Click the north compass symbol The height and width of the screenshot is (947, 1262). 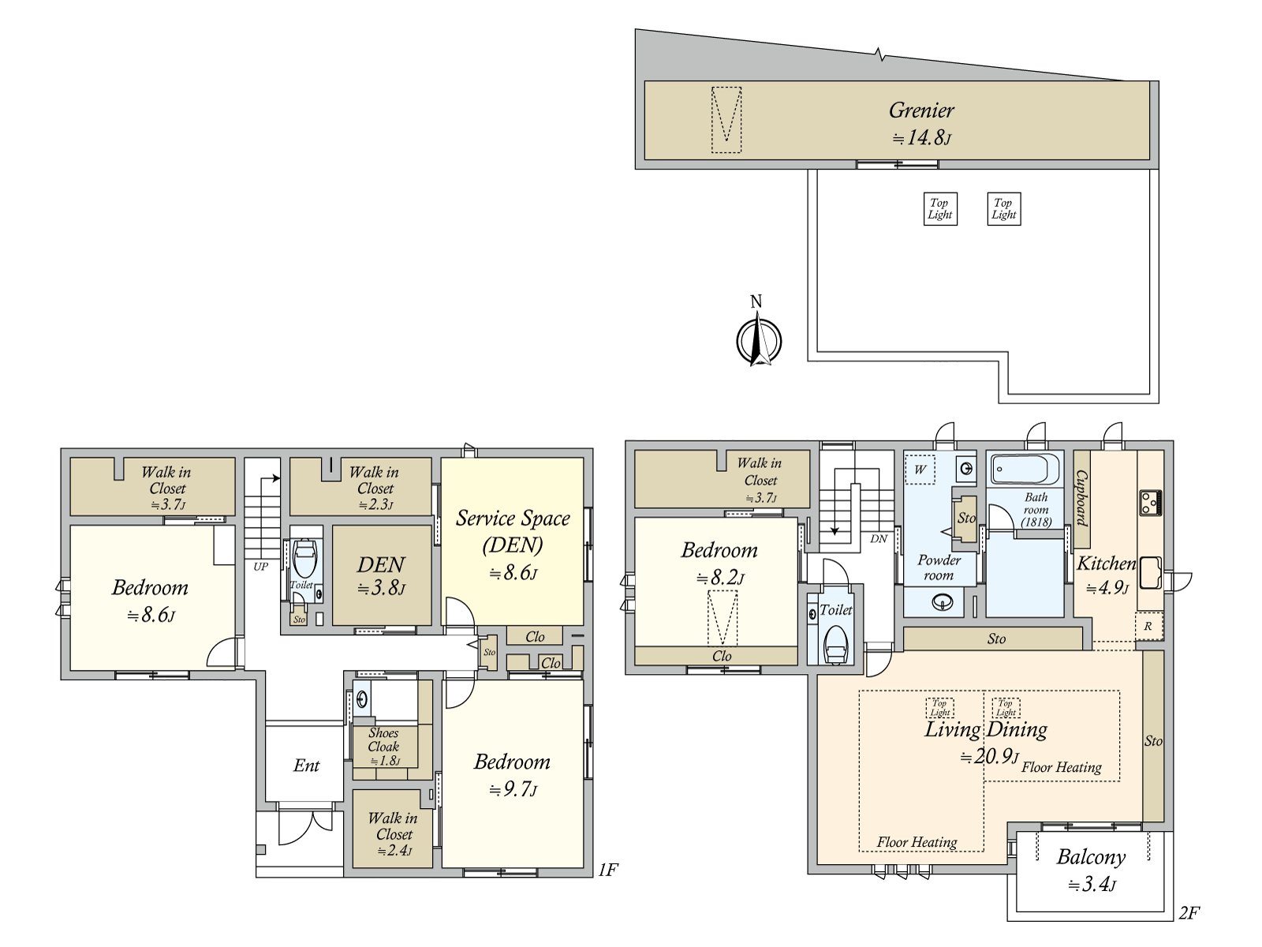pos(759,339)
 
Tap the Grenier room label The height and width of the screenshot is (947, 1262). pos(921,110)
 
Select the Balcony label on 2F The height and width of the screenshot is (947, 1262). pos(1091,857)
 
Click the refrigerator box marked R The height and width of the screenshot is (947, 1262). pos(1148,626)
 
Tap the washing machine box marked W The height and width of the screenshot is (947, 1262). pos(920,470)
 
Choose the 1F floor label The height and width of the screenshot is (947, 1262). pos(607,870)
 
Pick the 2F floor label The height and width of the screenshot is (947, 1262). pos(1189,914)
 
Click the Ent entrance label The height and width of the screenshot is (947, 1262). pos(306,765)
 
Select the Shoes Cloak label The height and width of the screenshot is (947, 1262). pos(383,739)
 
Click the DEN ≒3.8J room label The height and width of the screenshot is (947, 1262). pos(381,565)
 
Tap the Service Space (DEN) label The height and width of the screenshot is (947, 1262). pos(513,531)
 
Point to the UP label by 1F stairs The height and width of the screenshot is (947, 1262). pos(260,566)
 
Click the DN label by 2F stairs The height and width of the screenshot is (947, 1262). pos(879,539)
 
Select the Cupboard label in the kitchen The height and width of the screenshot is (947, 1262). pos(1082,499)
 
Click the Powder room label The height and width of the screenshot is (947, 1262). pos(939,567)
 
